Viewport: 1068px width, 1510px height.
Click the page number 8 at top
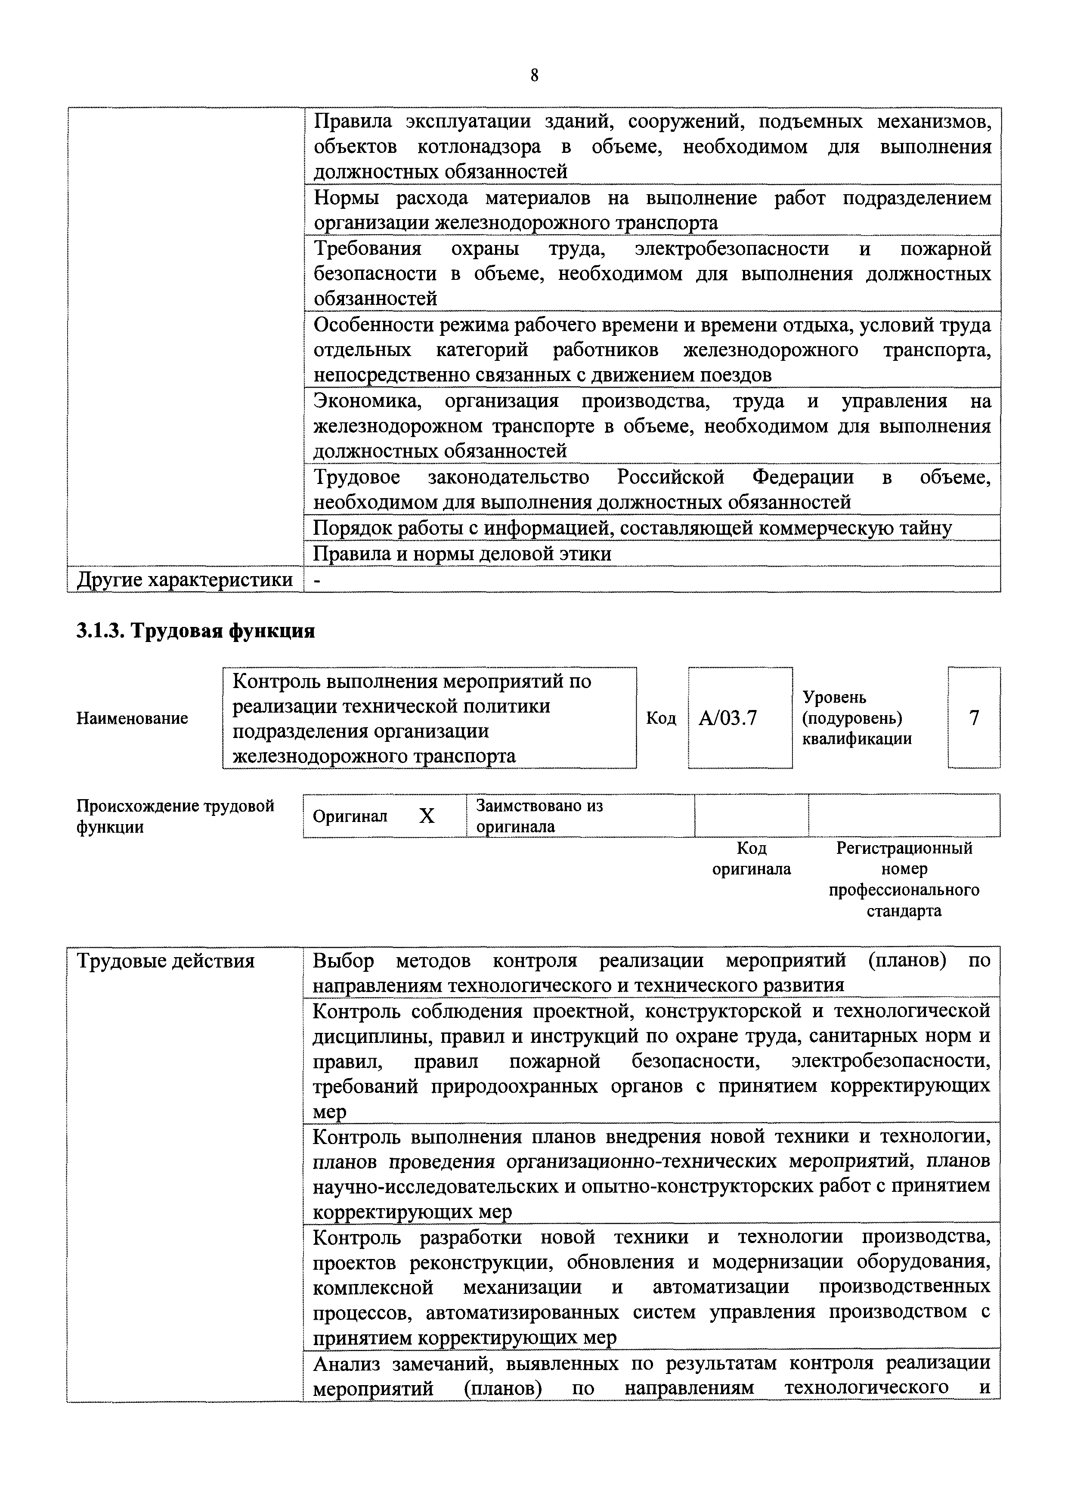coord(534,76)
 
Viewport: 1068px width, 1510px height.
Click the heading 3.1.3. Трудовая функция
coord(196,631)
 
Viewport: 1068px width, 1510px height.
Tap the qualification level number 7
coord(974,717)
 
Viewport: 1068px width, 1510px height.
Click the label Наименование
coord(132,718)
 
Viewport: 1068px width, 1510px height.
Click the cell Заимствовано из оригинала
coord(539,815)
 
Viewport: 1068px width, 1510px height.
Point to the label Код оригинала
coord(752,858)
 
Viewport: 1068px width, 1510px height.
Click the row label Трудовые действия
coord(166,961)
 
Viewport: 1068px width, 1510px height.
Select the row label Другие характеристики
coord(185,580)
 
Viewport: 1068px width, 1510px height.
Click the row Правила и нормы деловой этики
coord(462,554)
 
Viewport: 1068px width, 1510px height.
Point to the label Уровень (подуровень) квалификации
coord(857,717)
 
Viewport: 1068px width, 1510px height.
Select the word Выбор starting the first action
coord(343,961)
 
